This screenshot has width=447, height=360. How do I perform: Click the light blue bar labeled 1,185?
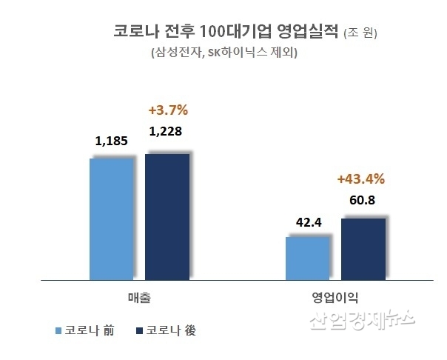coord(111,219)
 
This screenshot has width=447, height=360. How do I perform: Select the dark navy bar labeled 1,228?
coord(167,217)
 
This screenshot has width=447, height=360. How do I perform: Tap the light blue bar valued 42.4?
coord(307,259)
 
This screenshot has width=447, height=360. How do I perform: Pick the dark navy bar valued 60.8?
coord(363,250)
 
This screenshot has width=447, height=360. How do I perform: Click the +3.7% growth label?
coord(168,110)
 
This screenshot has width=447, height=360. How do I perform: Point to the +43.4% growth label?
coord(361,179)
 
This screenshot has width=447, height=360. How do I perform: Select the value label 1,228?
coord(166,132)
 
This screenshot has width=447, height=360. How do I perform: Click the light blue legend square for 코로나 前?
coord(58,330)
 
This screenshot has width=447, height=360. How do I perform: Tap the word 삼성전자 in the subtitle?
coord(176,53)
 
